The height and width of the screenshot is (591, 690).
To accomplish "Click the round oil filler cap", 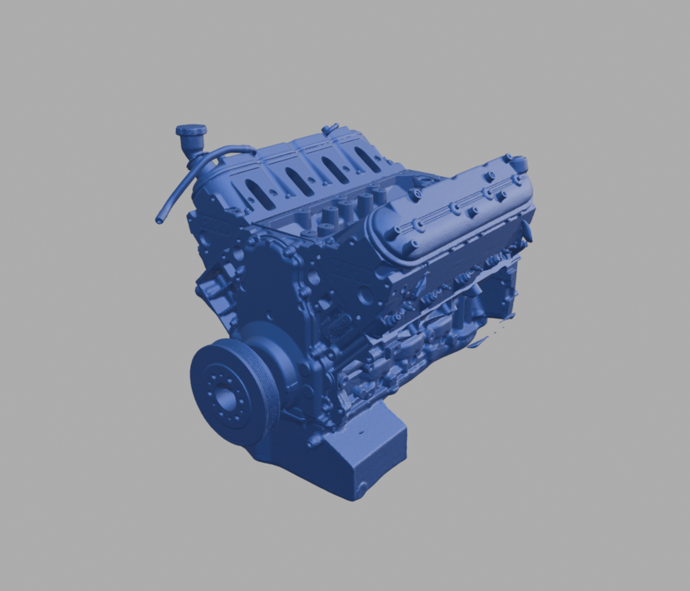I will point(191,131).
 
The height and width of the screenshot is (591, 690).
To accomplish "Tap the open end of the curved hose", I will point(160,220).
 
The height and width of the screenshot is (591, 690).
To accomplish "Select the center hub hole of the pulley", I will point(226,400).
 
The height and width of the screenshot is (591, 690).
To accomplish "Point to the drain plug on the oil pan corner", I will point(361,488).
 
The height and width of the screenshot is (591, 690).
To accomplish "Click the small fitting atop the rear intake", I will point(330,128).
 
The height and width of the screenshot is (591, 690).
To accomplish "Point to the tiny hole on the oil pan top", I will point(361,431).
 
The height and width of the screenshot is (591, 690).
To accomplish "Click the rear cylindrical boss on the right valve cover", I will point(519,164).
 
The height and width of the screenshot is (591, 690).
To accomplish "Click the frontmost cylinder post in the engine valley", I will point(323,228).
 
